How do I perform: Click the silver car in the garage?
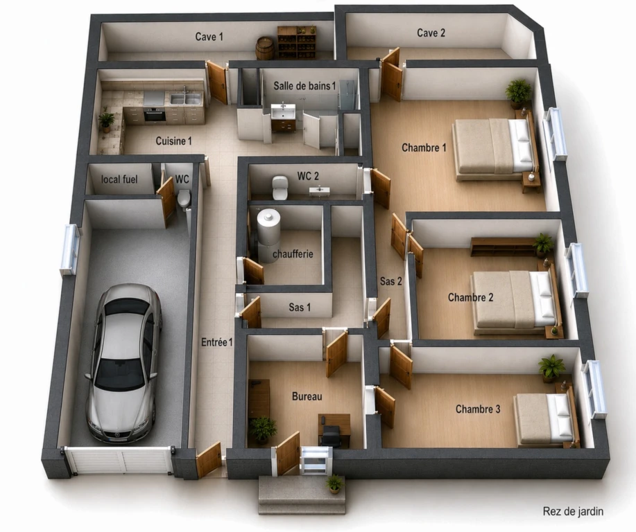[x=123, y=363]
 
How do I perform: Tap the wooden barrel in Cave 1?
[x=265, y=48]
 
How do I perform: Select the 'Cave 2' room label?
[x=431, y=33]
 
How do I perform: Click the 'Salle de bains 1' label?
[x=304, y=86]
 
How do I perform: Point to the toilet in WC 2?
[x=280, y=188]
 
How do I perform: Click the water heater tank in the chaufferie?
[x=268, y=234]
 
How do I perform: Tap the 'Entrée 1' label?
[x=217, y=342]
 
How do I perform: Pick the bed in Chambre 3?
[x=546, y=419]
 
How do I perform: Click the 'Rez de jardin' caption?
[x=573, y=511]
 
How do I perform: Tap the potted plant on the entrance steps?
[x=334, y=484]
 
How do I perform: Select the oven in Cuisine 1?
[x=155, y=114]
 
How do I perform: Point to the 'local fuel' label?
[x=119, y=179]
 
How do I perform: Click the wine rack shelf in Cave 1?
[x=297, y=42]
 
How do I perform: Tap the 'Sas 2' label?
[x=390, y=281]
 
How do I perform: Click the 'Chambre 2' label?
[x=470, y=297]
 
